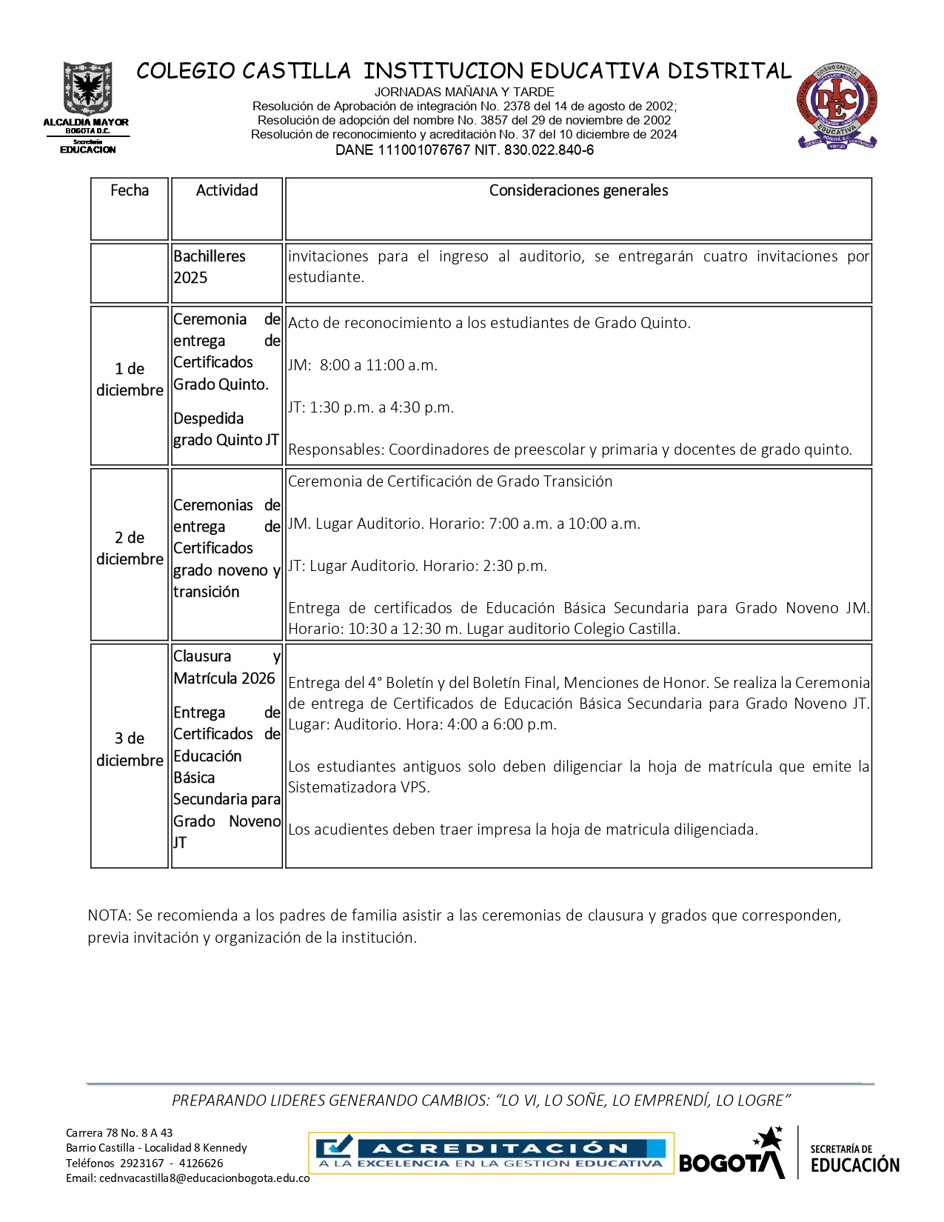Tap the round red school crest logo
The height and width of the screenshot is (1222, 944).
tap(837, 105)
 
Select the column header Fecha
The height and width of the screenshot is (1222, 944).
tap(130, 190)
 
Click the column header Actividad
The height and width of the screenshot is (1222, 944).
tap(227, 190)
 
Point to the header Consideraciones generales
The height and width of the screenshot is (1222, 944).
tap(578, 190)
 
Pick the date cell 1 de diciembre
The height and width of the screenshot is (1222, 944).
tap(130, 379)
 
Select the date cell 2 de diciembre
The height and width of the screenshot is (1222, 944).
tap(130, 548)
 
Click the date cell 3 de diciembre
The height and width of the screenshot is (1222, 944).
tap(130, 749)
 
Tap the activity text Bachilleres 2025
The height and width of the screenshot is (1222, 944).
tap(210, 267)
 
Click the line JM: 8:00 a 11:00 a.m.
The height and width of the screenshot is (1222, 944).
tap(363, 365)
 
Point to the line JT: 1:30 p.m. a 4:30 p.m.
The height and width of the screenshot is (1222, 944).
tap(371, 407)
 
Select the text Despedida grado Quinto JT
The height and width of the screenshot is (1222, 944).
tap(226, 429)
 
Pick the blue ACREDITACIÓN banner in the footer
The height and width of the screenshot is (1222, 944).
tap(491, 1154)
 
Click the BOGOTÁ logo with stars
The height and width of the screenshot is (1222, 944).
tap(732, 1155)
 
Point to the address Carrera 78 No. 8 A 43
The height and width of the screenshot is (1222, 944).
tap(119, 1132)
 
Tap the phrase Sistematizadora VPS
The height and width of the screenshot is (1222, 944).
tap(358, 787)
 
